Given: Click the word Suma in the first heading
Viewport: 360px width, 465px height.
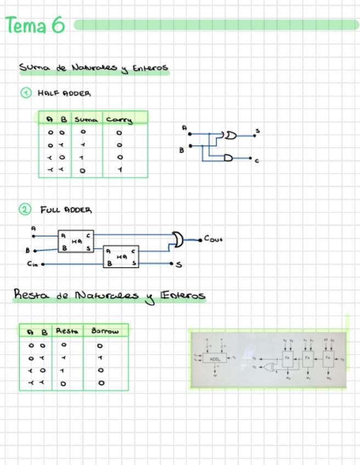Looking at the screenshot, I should [x=35, y=68].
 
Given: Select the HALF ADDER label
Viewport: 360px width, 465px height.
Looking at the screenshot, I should [x=64, y=93].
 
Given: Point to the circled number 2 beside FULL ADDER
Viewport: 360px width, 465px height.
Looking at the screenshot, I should [x=25, y=209].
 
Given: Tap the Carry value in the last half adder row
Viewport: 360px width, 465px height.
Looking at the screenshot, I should [x=120, y=170].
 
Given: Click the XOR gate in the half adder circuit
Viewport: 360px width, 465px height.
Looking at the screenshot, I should [x=229, y=135].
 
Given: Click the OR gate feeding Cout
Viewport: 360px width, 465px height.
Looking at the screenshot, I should [x=177, y=239].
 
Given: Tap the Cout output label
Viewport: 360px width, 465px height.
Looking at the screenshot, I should [x=213, y=239].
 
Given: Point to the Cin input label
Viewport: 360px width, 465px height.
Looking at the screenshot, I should [x=33, y=264].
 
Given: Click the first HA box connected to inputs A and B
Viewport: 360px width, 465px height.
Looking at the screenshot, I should [x=76, y=241].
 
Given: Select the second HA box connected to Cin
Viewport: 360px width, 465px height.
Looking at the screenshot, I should [x=121, y=257].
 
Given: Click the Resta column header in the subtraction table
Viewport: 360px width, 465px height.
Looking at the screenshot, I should [x=67, y=331].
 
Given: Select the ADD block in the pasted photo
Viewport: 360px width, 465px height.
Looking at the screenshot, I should [x=215, y=359].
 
